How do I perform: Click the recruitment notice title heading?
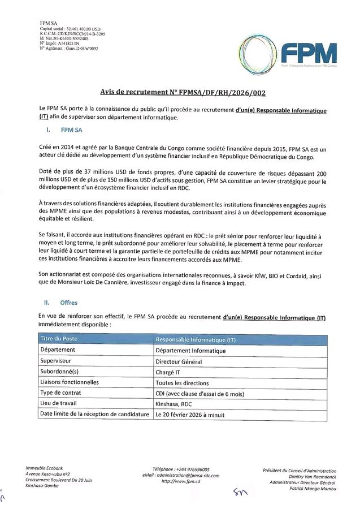[x=180, y=92]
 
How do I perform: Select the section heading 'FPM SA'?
[x=71, y=130]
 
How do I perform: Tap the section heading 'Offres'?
[x=68, y=303]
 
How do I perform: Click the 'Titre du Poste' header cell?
[x=59, y=339]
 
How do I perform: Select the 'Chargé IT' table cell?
[x=168, y=372]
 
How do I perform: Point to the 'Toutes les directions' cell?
[x=182, y=383]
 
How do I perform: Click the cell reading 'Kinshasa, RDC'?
[x=174, y=404]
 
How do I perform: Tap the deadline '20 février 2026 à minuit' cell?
[x=190, y=415]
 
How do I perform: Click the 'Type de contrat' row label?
[x=60, y=393]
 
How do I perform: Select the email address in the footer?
[x=181, y=476]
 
